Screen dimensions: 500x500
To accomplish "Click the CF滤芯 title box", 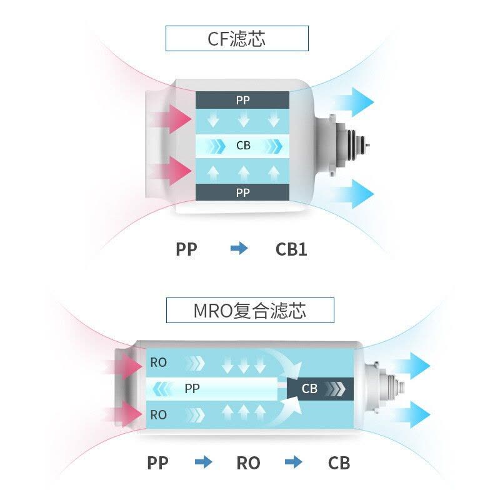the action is coord(237,38).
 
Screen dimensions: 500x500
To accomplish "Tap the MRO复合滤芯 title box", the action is coord(250,310).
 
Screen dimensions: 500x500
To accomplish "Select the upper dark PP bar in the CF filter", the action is coord(242,100).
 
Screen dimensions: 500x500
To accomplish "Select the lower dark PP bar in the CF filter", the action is coord(242,192).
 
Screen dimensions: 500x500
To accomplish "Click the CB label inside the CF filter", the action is coord(243,146).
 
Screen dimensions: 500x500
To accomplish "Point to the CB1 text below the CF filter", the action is coord(291,249).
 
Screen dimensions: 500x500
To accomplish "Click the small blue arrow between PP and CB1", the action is coord(239,248).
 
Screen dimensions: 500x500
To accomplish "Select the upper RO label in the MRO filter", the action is coord(159,362).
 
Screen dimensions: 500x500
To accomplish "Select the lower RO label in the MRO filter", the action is coord(159,415).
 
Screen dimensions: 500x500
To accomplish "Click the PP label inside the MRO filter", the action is coord(192,388).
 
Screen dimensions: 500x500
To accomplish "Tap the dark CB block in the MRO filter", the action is coord(321,389).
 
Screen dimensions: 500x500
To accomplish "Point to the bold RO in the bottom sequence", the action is coord(248,463).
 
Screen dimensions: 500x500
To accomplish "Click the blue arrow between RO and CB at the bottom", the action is coord(293,462).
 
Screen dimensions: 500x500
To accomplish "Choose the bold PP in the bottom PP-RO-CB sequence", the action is coord(157,463).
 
